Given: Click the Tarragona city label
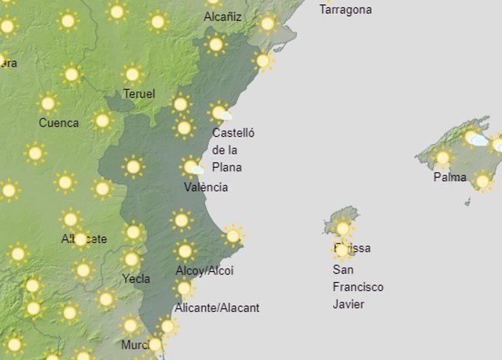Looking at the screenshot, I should pyautogui.click(x=346, y=10).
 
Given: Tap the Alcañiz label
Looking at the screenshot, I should pyautogui.click(x=223, y=17).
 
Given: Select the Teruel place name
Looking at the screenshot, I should pyautogui.click(x=139, y=95).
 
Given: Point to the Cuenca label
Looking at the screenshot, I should pyautogui.click(x=59, y=123).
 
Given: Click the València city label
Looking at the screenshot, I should pyautogui.click(x=206, y=188).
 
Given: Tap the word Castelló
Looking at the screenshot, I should pyautogui.click(x=234, y=133).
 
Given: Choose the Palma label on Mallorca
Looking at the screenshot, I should pyautogui.click(x=450, y=177).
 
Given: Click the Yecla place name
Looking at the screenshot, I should pyautogui.click(x=136, y=279).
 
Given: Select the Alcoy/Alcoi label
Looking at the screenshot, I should pyautogui.click(x=204, y=271).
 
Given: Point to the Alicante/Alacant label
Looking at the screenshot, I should pyautogui.click(x=217, y=308).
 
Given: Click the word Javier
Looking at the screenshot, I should pyautogui.click(x=348, y=304).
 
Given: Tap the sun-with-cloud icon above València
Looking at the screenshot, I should pyautogui.click(x=191, y=167).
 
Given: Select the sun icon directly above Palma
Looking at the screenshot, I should pyautogui.click(x=442, y=157).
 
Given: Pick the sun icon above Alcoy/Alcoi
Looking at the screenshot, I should pyautogui.click(x=185, y=251).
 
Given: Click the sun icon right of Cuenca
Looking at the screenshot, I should pyautogui.click(x=103, y=120).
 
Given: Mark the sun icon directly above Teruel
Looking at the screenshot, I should pyautogui.click(x=132, y=73).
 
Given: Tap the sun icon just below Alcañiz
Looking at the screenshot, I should pyautogui.click(x=215, y=44).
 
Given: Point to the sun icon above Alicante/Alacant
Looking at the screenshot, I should pyautogui.click(x=184, y=289).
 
